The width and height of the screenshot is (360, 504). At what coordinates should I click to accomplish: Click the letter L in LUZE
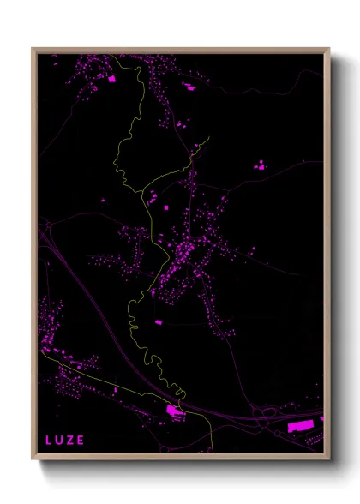pyautogui.click(x=49, y=441)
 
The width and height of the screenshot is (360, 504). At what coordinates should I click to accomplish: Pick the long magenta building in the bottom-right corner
pyautogui.click(x=301, y=425)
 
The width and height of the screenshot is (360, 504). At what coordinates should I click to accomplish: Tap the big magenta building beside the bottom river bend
pyautogui.click(x=174, y=411)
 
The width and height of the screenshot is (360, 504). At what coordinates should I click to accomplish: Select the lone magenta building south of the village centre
pyautogui.click(x=158, y=322)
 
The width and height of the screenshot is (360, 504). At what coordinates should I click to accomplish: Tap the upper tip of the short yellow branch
pyautogui.click(x=207, y=137)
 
